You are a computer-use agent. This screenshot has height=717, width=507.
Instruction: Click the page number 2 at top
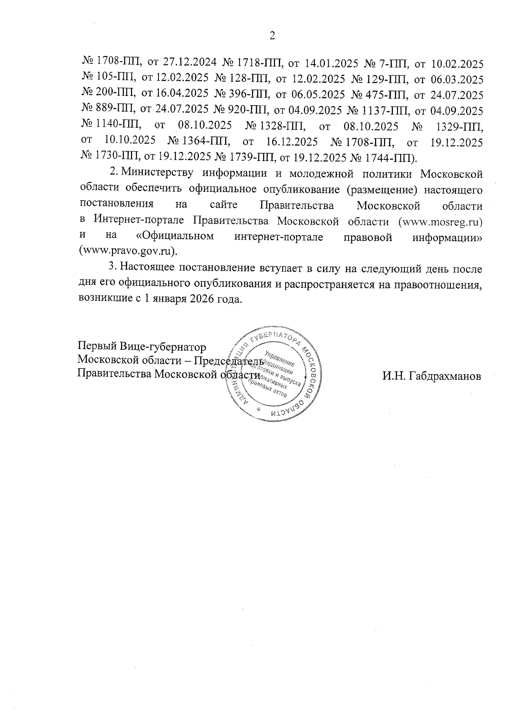(272, 36)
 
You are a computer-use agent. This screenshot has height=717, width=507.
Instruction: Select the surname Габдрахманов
(431, 375)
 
